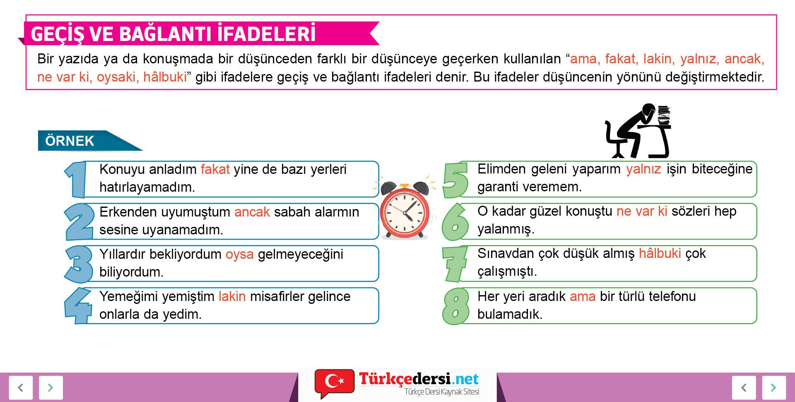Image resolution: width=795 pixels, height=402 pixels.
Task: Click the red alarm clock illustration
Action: pos(405,209)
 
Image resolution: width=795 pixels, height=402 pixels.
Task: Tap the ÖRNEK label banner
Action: pos(89,141)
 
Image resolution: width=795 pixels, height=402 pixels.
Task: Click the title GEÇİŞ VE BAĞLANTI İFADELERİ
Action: pos(173,34)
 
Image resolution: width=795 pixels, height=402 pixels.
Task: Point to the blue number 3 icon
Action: pos(79,264)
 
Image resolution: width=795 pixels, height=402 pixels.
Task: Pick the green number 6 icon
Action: pos(455,222)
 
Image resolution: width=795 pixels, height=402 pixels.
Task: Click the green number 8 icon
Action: pos(456,306)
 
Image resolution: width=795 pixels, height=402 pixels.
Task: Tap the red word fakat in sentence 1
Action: pos(215,169)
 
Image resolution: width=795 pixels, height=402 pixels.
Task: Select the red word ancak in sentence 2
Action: pos(252,212)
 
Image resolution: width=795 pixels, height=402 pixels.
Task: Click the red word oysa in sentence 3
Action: pos(240,254)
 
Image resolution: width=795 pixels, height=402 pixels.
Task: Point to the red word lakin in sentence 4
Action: pos(232,296)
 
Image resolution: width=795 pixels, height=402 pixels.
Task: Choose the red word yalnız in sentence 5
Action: pos(643,169)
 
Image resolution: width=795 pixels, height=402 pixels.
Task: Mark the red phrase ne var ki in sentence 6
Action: pos(642,211)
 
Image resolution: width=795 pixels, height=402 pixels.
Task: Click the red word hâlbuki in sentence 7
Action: pos(660,253)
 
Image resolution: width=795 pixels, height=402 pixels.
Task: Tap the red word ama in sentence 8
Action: pos(583,296)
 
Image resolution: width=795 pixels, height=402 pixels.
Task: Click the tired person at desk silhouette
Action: pos(638,131)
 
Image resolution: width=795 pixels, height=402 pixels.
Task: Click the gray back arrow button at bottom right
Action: pos(744,388)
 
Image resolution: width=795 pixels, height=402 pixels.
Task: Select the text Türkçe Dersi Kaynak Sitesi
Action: pos(442,392)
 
